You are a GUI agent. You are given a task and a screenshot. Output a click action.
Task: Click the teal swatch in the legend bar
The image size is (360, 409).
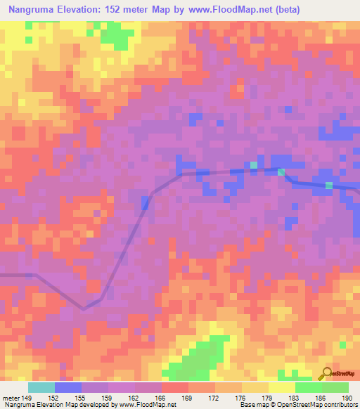(41, 387)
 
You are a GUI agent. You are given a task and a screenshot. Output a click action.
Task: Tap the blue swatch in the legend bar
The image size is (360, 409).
(68, 387)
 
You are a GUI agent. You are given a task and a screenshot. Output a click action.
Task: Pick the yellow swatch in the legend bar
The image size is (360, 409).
(281, 387)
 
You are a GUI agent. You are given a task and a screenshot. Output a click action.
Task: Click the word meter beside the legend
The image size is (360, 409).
(9, 397)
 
